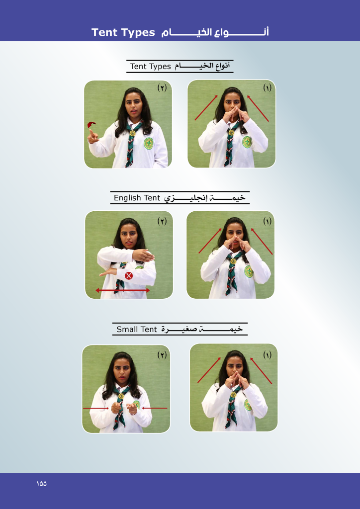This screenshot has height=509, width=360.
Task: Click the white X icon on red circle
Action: tap(129, 276)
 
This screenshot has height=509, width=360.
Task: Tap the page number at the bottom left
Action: tap(42, 483)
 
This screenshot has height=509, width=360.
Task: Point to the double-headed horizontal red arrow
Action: tap(122, 290)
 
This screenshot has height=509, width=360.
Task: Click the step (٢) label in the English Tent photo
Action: tap(162, 221)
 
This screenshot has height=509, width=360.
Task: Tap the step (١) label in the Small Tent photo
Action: tap(267, 355)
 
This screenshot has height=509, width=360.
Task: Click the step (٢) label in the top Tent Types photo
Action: tap(162, 87)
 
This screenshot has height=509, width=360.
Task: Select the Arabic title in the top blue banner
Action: tap(215, 32)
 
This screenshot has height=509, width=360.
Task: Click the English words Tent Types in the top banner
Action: tap(123, 32)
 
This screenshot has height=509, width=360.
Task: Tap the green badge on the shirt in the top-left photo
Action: tap(148, 143)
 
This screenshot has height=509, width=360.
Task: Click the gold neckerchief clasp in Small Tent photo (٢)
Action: tap(121, 396)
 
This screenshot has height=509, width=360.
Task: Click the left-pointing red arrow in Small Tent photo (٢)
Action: tap(155, 408)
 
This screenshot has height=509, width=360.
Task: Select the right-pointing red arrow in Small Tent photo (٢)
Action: tap(96, 408)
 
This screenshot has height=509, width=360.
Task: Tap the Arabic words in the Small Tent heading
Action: tap(202, 329)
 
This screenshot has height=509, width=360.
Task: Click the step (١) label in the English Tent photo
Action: tap(267, 221)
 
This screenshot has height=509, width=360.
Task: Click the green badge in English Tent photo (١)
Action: tap(249, 271)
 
